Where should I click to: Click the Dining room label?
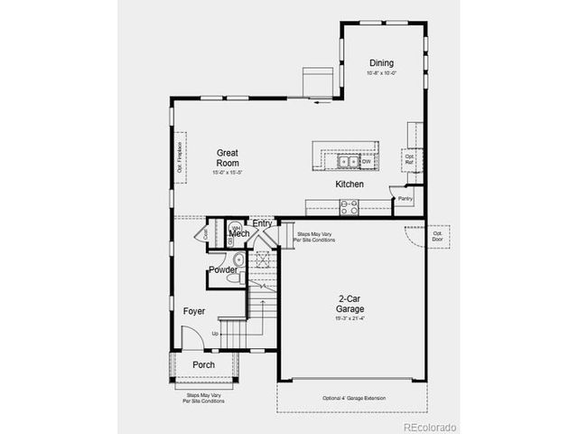pyautogui.click(x=380, y=63)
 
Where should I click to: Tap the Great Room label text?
pyautogui.click(x=227, y=157)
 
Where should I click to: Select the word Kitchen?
pyautogui.click(x=350, y=184)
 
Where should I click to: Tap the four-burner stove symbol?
pyautogui.click(x=349, y=207)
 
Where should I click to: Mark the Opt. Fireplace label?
pyautogui.click(x=180, y=156)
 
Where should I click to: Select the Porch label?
pyautogui.click(x=203, y=364)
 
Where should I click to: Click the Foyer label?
pyautogui.click(x=193, y=311)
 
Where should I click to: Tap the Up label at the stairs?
pyautogui.click(x=215, y=334)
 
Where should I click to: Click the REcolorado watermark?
pyautogui.click(x=430, y=426)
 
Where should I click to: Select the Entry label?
pyautogui.click(x=262, y=223)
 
